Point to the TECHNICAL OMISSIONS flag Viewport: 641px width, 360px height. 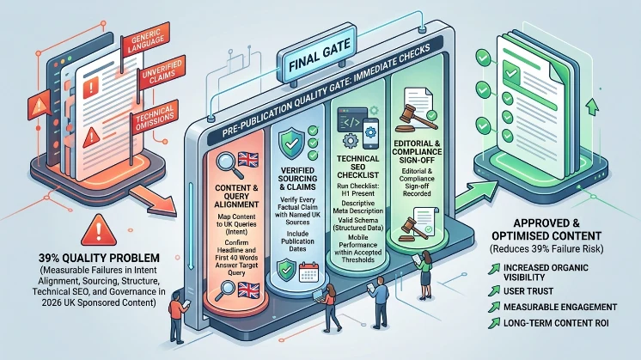[x=155, y=118]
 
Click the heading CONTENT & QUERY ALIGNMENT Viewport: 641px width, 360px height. [x=236, y=196]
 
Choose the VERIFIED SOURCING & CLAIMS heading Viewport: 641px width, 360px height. [x=297, y=179]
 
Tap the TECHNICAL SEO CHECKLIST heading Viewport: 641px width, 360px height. [x=357, y=167]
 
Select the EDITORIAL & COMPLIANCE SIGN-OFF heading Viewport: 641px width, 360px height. [x=417, y=151]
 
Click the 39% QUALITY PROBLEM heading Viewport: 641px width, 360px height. [x=99, y=258]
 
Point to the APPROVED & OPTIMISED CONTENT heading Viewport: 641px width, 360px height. [x=546, y=229]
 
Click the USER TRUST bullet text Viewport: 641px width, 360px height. [x=528, y=291]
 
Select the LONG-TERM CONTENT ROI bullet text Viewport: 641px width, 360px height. [x=556, y=323]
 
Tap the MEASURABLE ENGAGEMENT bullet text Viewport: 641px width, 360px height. [x=560, y=308]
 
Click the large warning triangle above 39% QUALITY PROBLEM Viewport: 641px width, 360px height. [x=99, y=230]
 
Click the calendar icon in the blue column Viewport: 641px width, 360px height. [x=308, y=272]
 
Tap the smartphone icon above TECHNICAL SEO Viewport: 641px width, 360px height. [x=370, y=133]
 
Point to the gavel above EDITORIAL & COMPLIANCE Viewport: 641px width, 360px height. [x=407, y=118]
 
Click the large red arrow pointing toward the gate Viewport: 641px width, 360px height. [x=154, y=198]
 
